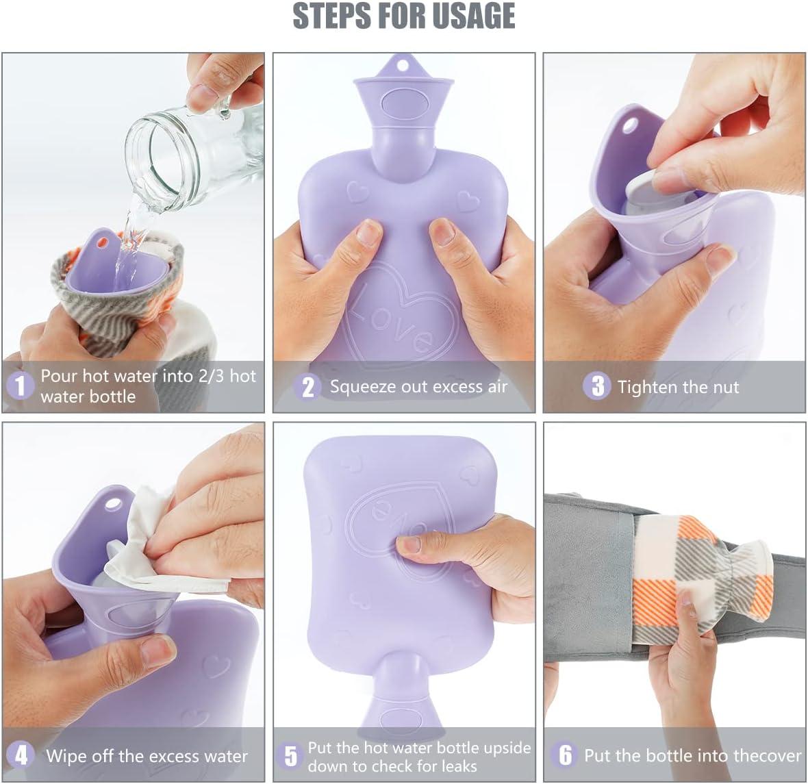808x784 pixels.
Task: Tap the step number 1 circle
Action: pyautogui.click(x=20, y=385)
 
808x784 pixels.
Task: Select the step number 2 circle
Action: pyautogui.click(x=307, y=387)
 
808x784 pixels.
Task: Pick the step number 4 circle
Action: pyautogui.click(x=21, y=755)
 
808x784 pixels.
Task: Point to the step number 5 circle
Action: pyautogui.click(x=290, y=756)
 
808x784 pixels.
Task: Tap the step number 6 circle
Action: pyautogui.click(x=566, y=755)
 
